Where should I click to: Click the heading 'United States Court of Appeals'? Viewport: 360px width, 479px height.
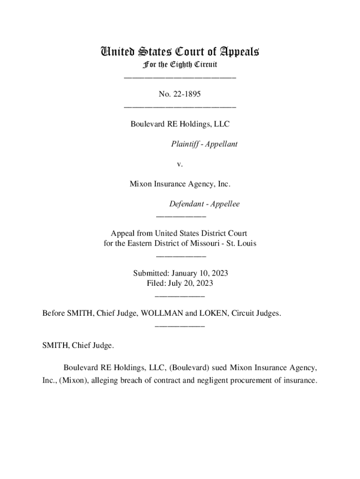tap(180, 51)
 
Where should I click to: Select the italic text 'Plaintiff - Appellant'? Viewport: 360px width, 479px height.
tap(204, 144)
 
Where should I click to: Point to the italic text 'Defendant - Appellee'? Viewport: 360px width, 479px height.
tap(204, 204)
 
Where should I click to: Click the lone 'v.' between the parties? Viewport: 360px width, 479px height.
tap(180, 164)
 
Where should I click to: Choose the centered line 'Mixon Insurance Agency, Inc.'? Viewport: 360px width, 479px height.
tap(180, 184)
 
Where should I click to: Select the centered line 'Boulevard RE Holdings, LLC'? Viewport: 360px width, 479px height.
tap(180, 124)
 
